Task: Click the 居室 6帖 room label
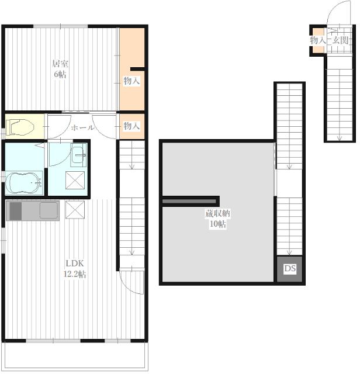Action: point(60,69)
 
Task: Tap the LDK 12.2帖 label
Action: point(75,269)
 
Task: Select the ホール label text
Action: point(82,127)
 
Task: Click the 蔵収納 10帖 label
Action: point(218,219)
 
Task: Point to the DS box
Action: point(290,269)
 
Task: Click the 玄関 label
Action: point(341,40)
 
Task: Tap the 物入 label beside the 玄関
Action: point(318,40)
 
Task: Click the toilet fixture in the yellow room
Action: point(19,127)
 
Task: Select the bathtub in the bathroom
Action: point(23,183)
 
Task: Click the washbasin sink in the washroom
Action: point(78,155)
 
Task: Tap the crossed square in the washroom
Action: point(75,180)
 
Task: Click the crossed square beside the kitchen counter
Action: point(75,210)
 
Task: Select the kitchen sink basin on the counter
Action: point(49,210)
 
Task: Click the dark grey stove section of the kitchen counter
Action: point(16,211)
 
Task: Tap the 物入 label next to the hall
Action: point(131,126)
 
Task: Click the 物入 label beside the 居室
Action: point(131,81)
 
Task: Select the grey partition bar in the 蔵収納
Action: point(189,201)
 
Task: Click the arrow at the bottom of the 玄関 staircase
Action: point(339,138)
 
